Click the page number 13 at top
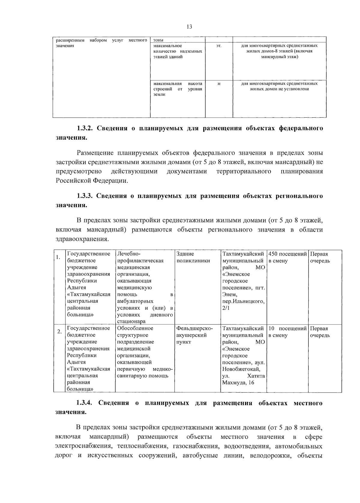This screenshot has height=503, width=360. tap(189, 27)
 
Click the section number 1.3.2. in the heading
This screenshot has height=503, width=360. tap(86, 128)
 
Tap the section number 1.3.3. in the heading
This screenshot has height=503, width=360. tap(86, 196)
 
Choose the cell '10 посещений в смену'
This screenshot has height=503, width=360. tap(287, 332)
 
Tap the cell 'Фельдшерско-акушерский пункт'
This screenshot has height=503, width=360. tap(194, 335)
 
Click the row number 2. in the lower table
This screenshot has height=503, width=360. tap(59, 332)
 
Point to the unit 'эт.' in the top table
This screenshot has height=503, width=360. tap(219, 46)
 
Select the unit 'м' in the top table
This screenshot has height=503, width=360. tap(219, 84)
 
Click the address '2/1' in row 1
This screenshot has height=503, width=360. tap(226, 308)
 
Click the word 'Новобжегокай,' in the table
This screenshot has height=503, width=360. tap(241, 369)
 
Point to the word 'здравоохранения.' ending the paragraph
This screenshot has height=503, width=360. tap(82, 239)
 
